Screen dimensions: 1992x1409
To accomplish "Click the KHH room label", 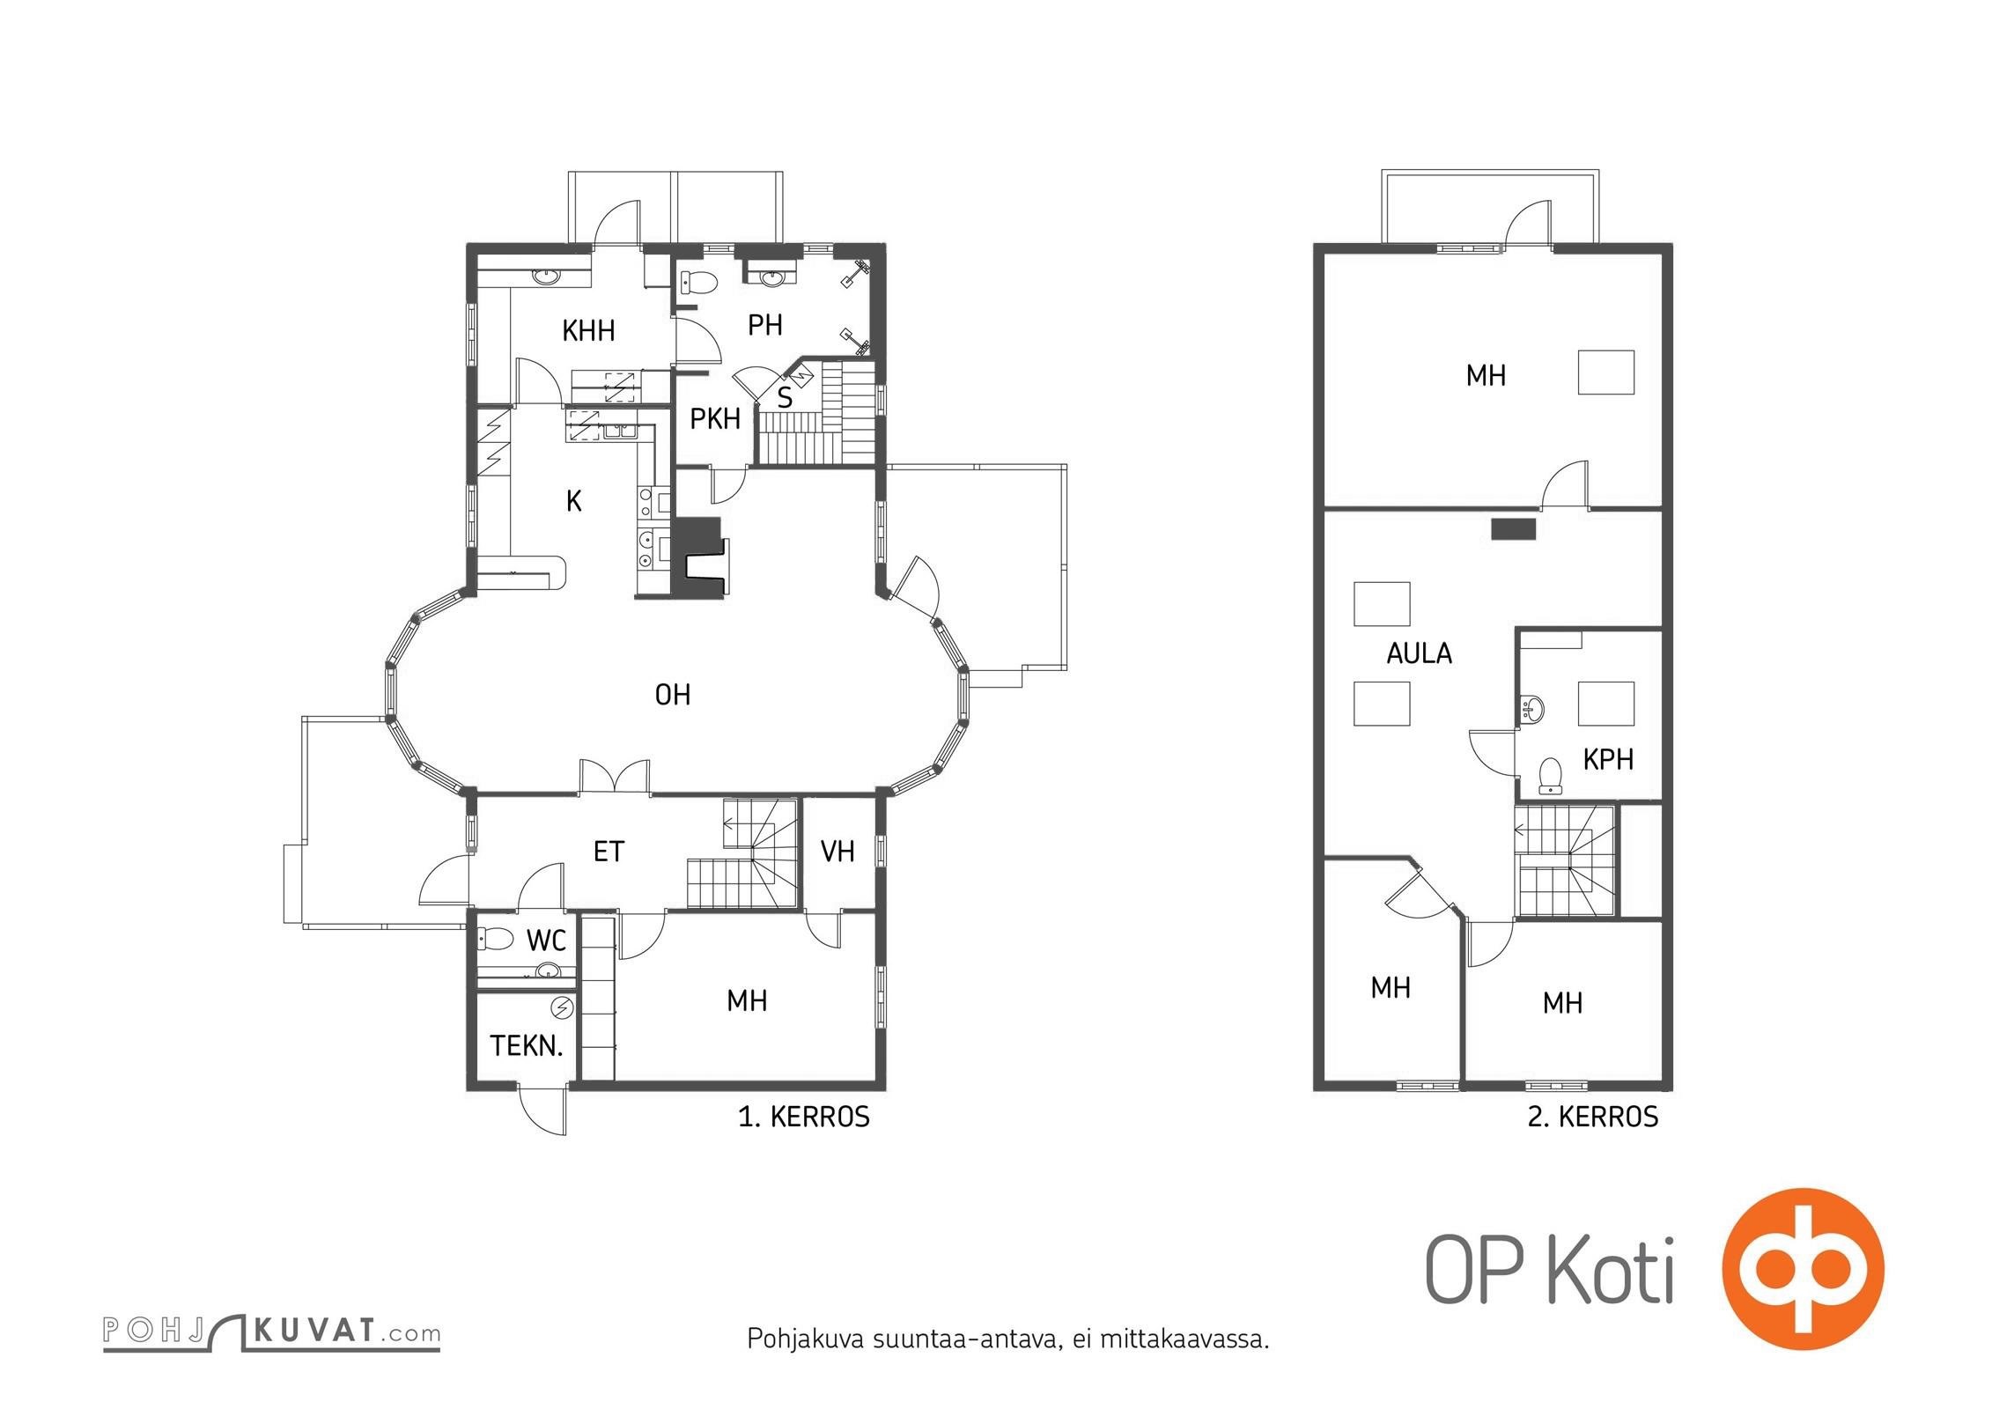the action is click(x=588, y=331).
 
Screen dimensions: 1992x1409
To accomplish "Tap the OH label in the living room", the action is click(x=672, y=695).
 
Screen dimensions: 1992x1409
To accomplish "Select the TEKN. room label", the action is click(x=526, y=1046).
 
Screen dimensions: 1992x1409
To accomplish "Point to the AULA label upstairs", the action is click(x=1419, y=653).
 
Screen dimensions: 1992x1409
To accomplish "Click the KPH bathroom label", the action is click(x=1608, y=759).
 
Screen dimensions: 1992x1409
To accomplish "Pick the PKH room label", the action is click(x=715, y=419).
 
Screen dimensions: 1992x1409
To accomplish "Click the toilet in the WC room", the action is click(x=496, y=940).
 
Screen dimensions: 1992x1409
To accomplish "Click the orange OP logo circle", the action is click(x=1803, y=1269).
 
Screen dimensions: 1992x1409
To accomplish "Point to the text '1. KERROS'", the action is click(x=803, y=1117).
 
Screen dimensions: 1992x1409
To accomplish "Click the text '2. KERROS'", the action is click(x=1592, y=1117).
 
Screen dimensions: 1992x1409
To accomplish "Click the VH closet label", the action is click(x=837, y=851).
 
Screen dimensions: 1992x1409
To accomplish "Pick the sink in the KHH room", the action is click(x=546, y=277).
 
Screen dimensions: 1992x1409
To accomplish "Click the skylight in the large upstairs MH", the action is click(x=1605, y=372).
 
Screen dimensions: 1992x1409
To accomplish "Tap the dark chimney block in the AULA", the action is click(x=1514, y=528).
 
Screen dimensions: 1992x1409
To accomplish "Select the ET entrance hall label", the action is click(x=609, y=852).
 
